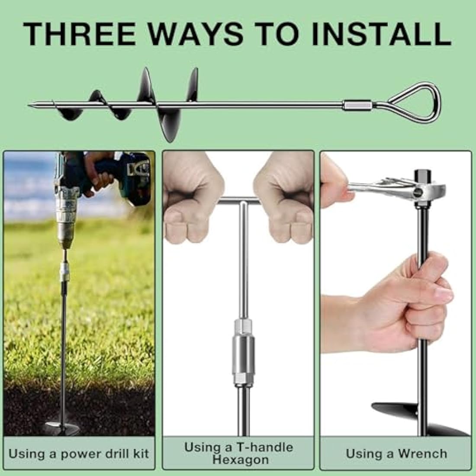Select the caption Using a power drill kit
[x=79, y=453]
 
